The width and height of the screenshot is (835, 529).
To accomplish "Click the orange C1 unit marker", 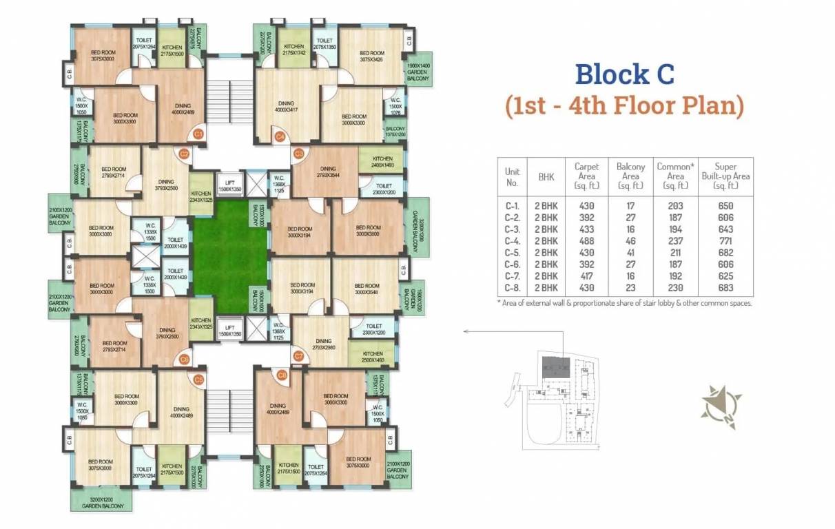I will (x=198, y=134).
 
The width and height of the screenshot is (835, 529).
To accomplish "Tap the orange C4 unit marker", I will (x=280, y=137).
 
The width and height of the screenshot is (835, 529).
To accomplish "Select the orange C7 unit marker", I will (x=298, y=356).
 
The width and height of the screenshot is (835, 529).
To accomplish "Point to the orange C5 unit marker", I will (x=198, y=379).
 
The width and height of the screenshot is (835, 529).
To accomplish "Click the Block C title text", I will (x=624, y=74).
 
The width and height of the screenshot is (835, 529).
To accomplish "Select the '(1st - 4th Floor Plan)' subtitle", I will (x=624, y=107).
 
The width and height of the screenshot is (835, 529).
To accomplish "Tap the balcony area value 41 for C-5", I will (x=630, y=253).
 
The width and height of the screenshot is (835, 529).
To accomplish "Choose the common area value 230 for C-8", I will (x=675, y=288).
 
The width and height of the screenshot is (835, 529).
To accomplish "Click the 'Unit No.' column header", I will (x=512, y=176).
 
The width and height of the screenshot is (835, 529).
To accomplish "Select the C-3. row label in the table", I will (x=512, y=229).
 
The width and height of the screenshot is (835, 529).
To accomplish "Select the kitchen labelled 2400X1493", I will (x=382, y=162).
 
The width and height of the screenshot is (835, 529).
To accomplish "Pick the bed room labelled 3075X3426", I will (x=371, y=56).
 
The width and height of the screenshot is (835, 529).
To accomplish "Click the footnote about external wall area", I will (x=624, y=303).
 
